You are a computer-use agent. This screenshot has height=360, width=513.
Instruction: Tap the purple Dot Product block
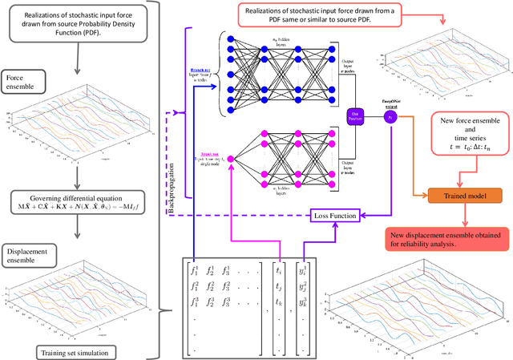(354, 117)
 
